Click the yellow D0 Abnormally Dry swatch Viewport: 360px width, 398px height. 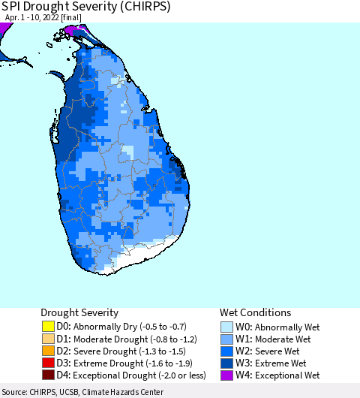pyautogui.click(x=48, y=327)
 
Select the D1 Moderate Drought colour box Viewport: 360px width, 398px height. pyautogui.click(x=48, y=339)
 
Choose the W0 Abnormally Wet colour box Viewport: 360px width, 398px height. pyautogui.click(x=226, y=327)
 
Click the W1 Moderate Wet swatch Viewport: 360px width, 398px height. pyautogui.click(x=226, y=339)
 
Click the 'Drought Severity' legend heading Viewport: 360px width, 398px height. pyautogui.click(x=79, y=312)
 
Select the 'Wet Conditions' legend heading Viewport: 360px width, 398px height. pyautogui.click(x=255, y=312)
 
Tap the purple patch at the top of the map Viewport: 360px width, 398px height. pyautogui.click(x=73, y=30)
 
